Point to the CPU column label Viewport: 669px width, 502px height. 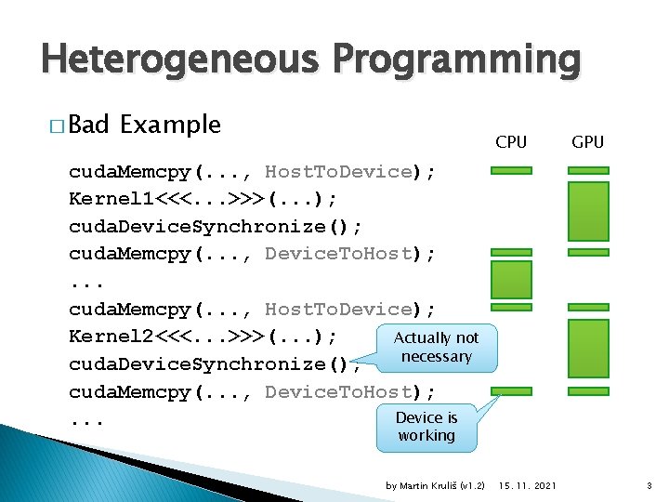pos(511,142)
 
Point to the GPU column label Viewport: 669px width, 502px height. pos(587,142)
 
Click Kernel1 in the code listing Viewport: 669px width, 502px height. pos(102,199)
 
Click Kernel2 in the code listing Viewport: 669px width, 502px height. pos(102,337)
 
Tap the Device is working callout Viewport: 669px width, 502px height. pos(426,427)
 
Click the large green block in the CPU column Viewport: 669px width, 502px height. pos(511,280)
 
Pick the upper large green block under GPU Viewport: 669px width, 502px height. pos(587,211)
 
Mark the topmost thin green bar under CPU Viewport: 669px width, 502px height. pos(511,171)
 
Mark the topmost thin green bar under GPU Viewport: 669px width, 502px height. pos(587,171)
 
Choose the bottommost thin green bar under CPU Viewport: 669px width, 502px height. pos(511,391)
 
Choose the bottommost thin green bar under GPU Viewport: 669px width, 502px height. pos(587,391)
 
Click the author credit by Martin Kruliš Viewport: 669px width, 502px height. pos(435,486)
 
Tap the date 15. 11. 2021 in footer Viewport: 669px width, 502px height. pos(528,486)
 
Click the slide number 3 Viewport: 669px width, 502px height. pos(648,486)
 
